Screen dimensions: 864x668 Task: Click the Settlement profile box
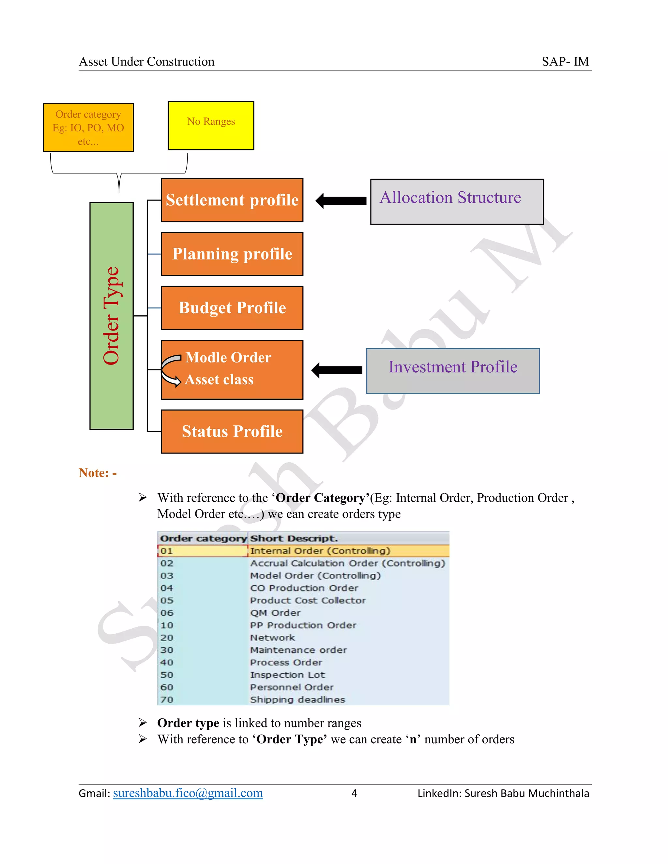tap(232, 200)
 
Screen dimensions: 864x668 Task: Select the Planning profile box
tap(232, 254)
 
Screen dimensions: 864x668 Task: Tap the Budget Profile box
tap(232, 308)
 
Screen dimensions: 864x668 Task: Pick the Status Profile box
tap(232, 431)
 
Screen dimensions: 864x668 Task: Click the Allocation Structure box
tap(457, 202)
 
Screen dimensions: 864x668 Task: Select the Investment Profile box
tap(453, 371)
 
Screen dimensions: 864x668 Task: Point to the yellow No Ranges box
tap(211, 126)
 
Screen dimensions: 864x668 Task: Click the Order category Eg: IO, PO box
tap(88, 127)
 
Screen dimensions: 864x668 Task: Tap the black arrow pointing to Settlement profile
tap(341, 201)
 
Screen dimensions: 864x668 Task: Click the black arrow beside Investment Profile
tap(337, 370)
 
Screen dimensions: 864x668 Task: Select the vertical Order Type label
tap(111, 315)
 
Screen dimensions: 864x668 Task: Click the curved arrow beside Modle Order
tap(171, 370)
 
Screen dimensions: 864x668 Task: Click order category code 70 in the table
tap(167, 699)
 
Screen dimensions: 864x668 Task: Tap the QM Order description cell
tap(275, 613)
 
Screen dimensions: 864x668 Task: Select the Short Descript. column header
tap(294, 538)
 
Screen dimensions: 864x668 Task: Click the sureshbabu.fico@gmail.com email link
tap(188, 793)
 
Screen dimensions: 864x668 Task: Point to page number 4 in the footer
tap(354, 793)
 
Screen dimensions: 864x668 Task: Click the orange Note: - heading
tap(97, 473)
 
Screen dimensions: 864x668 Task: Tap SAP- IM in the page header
tap(565, 62)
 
